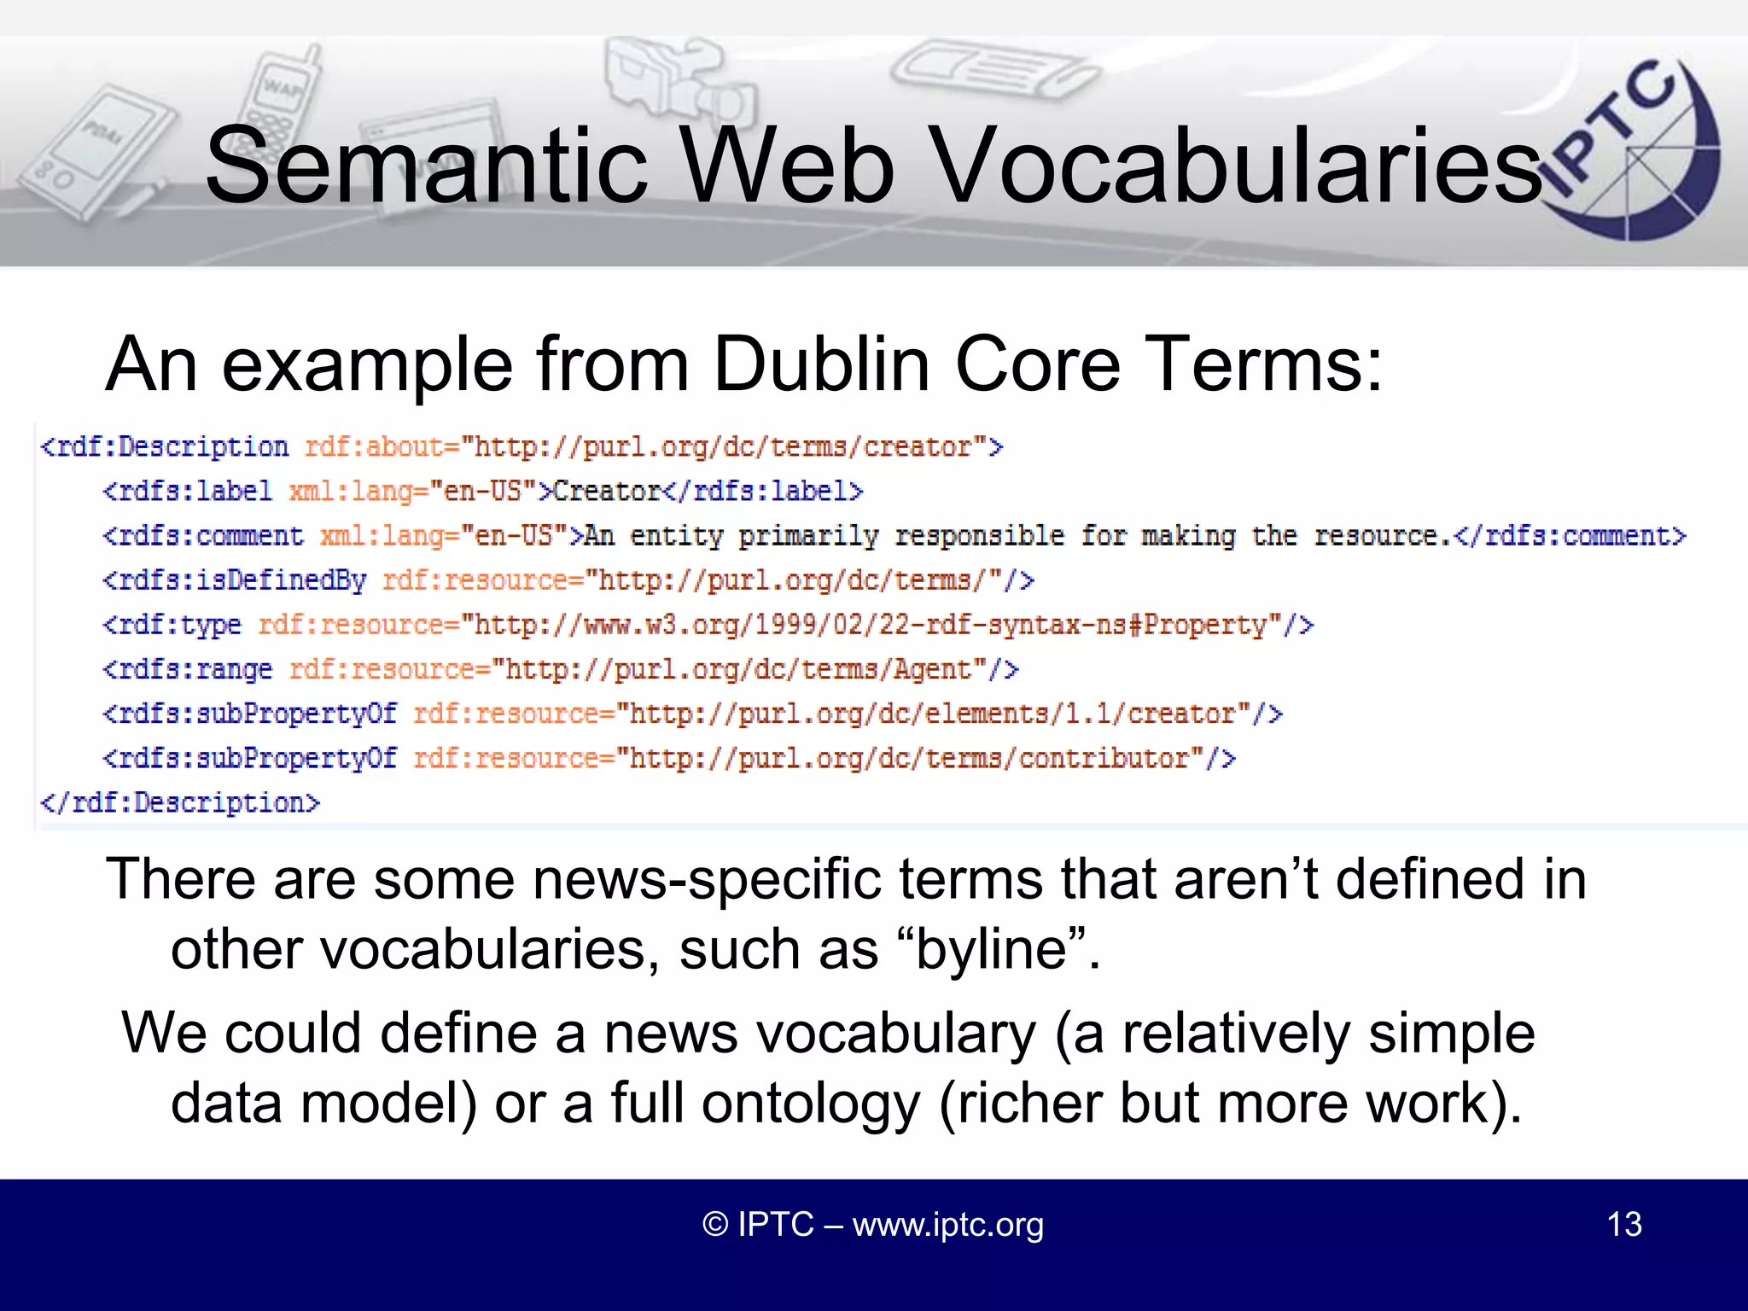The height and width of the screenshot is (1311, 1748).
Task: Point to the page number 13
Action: [1623, 1224]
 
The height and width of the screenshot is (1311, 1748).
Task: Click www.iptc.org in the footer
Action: [947, 1224]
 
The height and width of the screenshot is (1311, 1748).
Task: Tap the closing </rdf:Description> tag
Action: [180, 802]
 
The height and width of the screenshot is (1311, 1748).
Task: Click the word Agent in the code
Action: [932, 669]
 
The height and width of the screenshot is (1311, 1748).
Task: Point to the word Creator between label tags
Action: [607, 492]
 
